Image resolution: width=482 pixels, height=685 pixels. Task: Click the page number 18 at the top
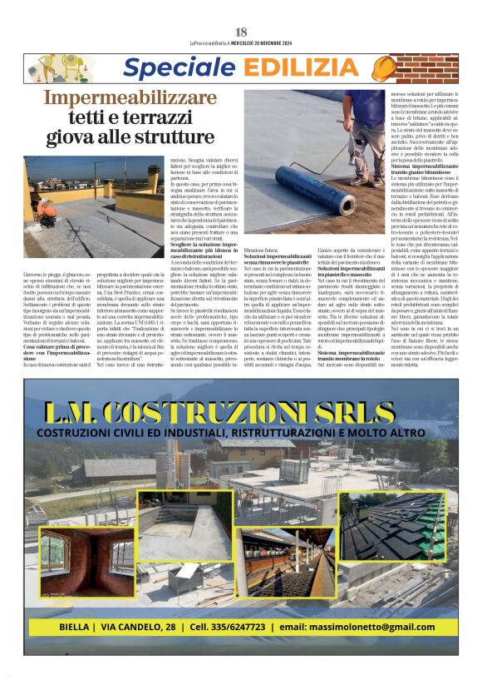241,32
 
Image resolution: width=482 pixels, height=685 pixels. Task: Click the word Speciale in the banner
170,68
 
